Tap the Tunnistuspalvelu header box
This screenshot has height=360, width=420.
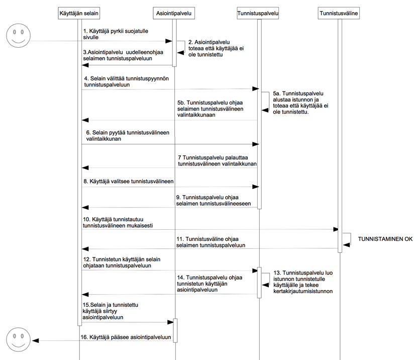pos(258,13)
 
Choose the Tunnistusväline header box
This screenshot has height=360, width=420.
pos(339,13)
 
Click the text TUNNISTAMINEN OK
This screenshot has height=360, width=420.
pos(385,239)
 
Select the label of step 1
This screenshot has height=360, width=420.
pos(117,34)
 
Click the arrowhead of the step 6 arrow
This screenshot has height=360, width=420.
pos(255,144)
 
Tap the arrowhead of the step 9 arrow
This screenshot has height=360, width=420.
pos(85,208)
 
